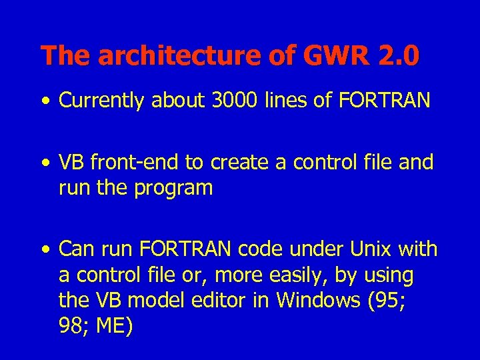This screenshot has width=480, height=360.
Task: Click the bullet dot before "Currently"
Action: (45, 101)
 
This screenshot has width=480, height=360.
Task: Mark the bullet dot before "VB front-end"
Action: (45, 163)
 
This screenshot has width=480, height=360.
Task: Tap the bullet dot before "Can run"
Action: (45, 251)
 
